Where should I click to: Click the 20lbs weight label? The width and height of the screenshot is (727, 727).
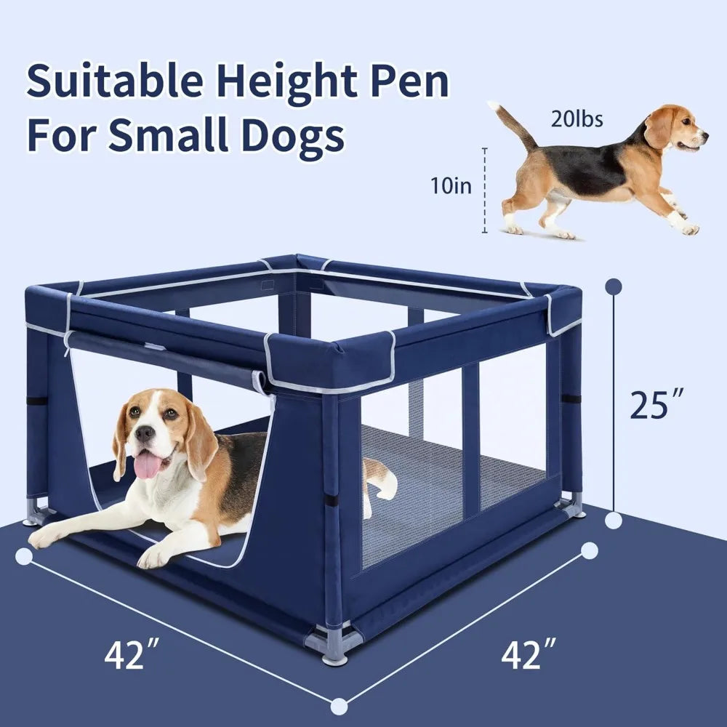(x=577, y=119)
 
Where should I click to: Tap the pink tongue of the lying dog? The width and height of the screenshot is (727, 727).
(x=148, y=466)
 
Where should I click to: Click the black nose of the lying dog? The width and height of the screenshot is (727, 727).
(x=145, y=434)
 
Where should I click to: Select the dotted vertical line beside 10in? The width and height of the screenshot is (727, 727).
(x=485, y=190)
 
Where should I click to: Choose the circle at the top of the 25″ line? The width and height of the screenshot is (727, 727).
(x=614, y=286)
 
